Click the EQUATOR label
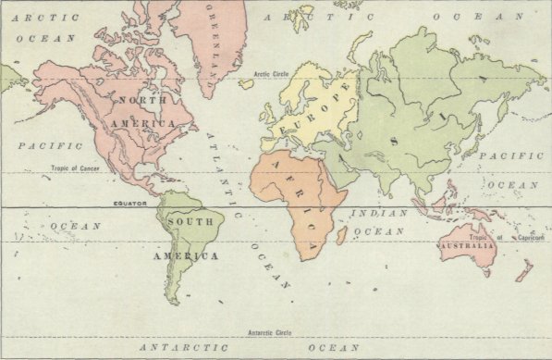tap(130, 203)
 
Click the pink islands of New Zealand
tap(524, 269)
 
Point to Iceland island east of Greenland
tap(246, 83)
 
